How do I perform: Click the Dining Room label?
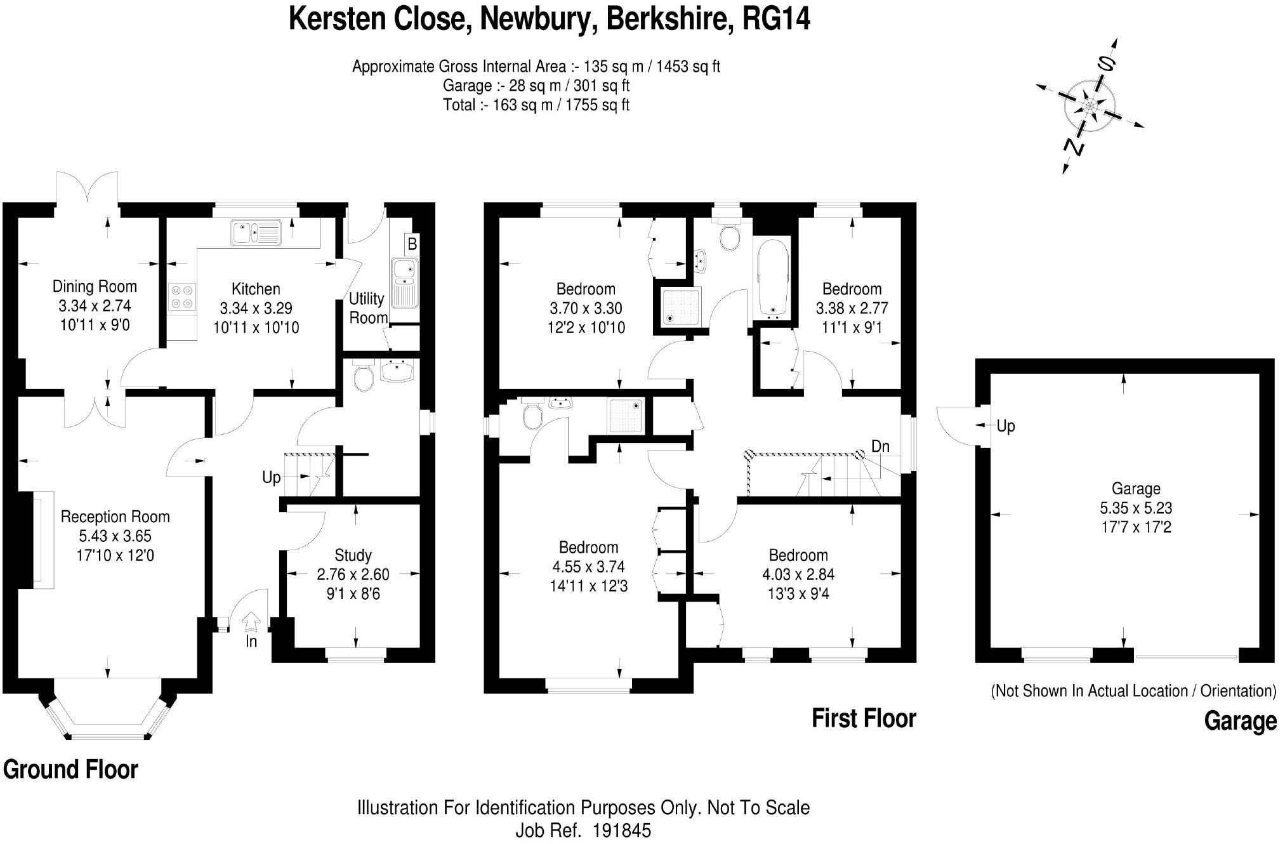95,287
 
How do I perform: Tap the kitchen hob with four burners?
181,298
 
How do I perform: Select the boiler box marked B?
412,244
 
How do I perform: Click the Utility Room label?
367,308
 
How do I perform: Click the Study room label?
353,555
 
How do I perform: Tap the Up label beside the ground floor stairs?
271,477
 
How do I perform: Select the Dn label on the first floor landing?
880,447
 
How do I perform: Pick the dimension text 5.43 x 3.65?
115,536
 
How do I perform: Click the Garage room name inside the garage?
1135,489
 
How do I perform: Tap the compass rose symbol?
1090,106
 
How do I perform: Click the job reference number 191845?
621,831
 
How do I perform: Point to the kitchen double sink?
256,232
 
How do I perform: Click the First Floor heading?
864,719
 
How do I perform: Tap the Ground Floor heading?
70,770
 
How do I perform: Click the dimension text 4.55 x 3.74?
588,567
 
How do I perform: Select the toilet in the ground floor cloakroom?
364,376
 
